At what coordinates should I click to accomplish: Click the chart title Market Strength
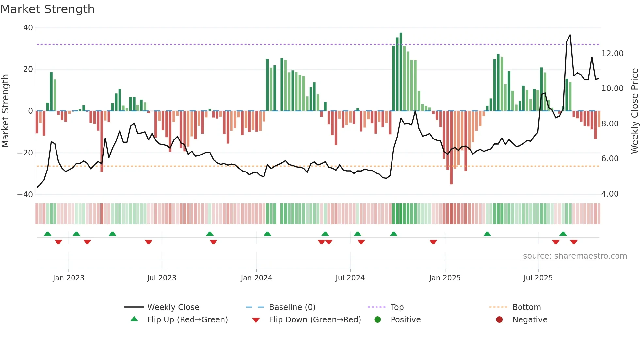[47, 9]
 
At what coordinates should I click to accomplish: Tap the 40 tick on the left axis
[28, 28]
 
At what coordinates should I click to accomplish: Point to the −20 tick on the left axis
[25, 153]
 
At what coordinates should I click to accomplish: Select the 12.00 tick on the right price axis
[612, 54]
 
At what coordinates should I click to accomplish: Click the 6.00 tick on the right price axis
[610, 159]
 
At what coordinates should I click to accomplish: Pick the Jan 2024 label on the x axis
[256, 278]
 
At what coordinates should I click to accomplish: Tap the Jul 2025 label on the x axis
[538, 278]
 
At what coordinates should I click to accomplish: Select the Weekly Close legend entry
[173, 307]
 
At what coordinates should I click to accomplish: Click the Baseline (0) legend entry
[292, 307]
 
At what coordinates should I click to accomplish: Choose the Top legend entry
[397, 307]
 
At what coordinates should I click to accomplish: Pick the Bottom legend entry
[526, 307]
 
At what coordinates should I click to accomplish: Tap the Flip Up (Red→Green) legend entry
[187, 320]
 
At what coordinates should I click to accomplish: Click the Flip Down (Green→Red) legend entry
[315, 320]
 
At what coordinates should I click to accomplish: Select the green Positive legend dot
[378, 320]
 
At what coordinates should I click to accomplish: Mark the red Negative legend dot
[499, 320]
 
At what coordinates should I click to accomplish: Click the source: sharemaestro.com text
[575, 256]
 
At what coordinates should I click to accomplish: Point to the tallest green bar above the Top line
[401, 39]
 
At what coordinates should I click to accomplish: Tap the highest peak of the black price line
[570, 35]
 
